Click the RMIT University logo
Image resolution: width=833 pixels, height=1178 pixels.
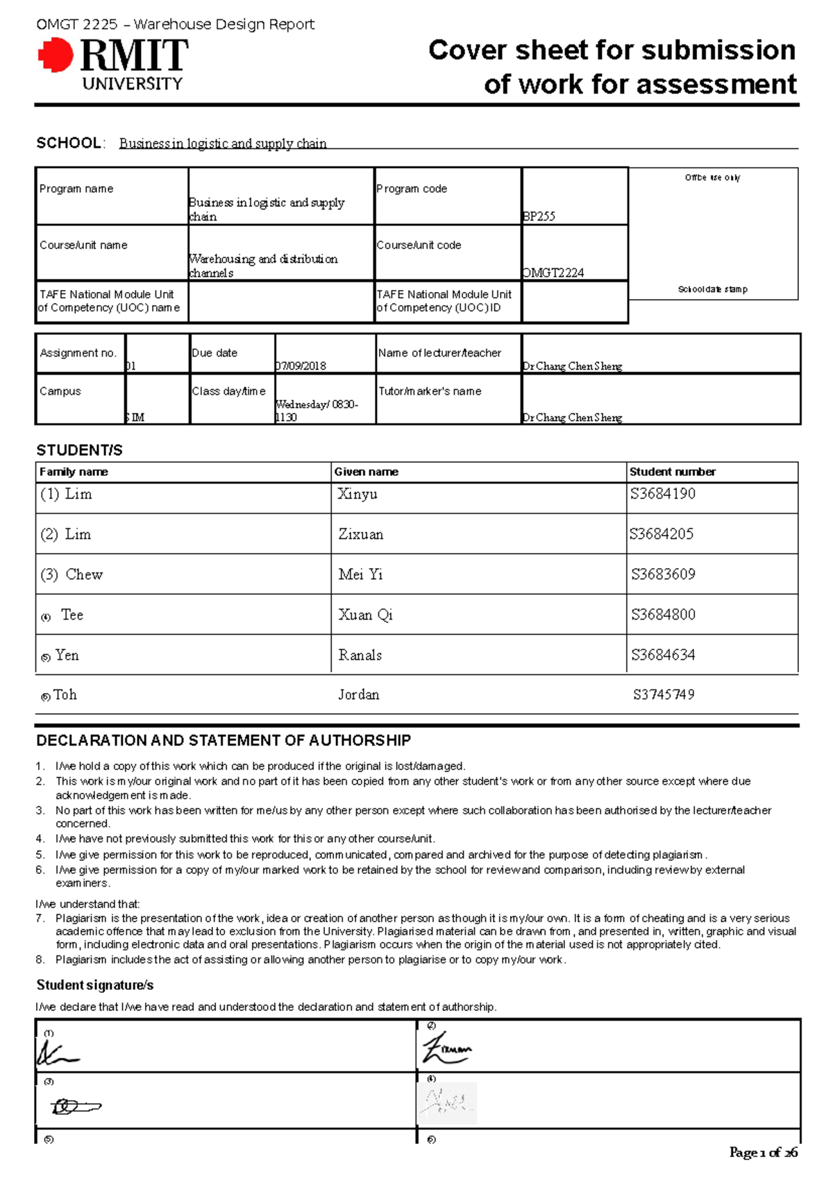point(113,65)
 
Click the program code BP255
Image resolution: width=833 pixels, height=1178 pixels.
point(539,216)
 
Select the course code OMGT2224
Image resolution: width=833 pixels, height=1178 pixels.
point(553,273)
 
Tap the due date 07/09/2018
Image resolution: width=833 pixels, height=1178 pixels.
point(301,366)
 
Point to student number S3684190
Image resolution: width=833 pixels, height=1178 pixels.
point(662,494)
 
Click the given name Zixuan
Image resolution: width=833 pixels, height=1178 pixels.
point(360,534)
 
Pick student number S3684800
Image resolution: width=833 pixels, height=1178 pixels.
point(663,615)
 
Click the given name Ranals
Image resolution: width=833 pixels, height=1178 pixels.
point(360,655)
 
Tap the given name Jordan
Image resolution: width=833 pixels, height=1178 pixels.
point(358,694)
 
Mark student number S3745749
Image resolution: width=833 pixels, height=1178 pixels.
point(663,694)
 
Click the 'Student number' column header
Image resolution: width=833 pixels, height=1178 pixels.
point(672,472)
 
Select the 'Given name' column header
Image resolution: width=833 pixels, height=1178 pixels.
point(366,472)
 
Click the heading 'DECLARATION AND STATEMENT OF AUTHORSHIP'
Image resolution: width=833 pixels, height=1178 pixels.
point(224,740)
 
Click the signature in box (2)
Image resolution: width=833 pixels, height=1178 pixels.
point(446,1049)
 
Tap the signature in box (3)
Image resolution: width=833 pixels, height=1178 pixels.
point(75,1106)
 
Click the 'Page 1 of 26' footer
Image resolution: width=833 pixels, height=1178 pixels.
point(763,1152)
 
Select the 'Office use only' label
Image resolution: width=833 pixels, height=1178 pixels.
point(712,178)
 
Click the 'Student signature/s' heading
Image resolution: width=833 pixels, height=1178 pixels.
point(95,985)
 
